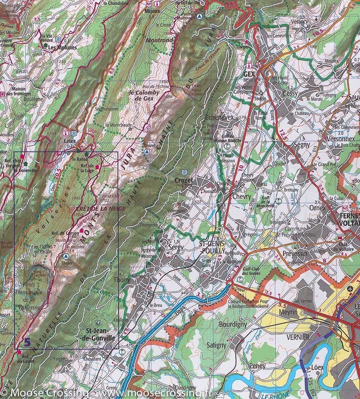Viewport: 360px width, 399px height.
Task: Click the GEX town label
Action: coord(249,74)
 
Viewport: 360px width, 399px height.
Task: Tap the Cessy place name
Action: coord(290,93)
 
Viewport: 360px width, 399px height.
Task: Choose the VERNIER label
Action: coord(298,337)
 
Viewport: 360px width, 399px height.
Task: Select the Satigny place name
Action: coord(216,345)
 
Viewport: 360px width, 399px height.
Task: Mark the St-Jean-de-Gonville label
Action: coord(100,334)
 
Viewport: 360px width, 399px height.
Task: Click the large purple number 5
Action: coord(28,342)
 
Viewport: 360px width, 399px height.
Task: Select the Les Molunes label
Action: coord(62,48)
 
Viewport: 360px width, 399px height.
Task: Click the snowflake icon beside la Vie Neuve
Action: coord(59,39)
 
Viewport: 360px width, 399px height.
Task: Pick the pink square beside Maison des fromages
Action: coord(3,94)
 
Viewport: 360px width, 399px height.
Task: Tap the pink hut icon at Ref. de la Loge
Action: coord(97,167)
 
